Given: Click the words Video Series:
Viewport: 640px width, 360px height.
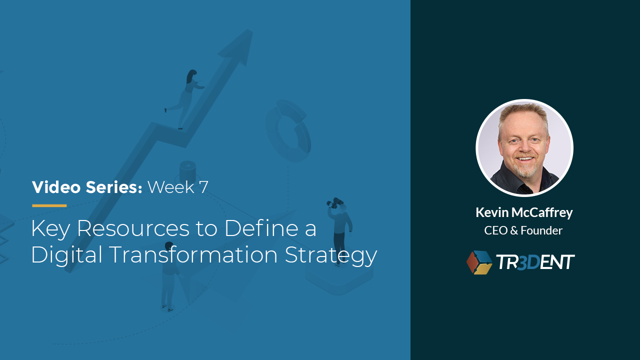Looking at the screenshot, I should (x=87, y=187).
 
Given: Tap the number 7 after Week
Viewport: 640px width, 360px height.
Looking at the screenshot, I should (x=203, y=187).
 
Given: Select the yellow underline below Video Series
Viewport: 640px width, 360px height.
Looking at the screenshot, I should (x=49, y=205).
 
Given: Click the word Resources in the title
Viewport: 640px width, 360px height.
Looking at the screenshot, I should (x=134, y=229).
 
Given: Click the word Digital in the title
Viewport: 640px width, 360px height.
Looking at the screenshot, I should (x=66, y=255).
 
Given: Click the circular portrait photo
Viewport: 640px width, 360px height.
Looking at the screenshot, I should (x=524, y=148).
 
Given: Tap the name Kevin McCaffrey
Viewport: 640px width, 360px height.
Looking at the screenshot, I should (x=524, y=212).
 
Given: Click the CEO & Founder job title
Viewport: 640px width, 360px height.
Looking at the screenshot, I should (x=523, y=230).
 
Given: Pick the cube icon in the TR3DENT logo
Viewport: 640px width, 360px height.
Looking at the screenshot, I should (x=479, y=262).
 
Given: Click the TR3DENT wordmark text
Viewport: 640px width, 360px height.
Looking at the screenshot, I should (x=535, y=262).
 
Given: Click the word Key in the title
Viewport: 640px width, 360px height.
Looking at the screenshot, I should (x=50, y=229).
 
